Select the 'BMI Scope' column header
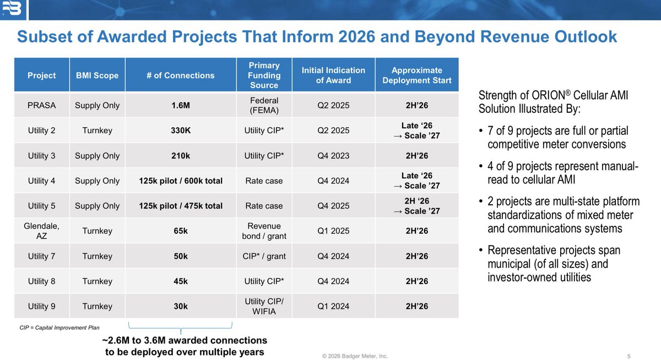pos(97,75)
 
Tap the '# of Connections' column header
pos(181,75)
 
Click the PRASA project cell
pos(42,105)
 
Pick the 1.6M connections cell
pos(181,105)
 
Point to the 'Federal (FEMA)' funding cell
pos(264,105)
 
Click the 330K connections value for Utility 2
pos(181,130)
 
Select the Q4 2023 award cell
pos(333,156)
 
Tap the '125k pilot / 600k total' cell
pos(181,181)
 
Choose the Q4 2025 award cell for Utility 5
pos(333,206)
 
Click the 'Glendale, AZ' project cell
pos(42,231)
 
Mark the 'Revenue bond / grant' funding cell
pos(264,231)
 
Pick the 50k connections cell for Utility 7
pos(181,256)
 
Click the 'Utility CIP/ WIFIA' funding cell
pos(264,307)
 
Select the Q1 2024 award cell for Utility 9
pos(333,307)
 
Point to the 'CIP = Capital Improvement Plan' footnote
pos(59,328)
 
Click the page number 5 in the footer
pos(629,356)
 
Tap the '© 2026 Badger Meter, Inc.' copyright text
pos(355,356)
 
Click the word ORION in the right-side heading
pos(548,96)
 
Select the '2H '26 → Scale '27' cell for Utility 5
pos(416,206)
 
